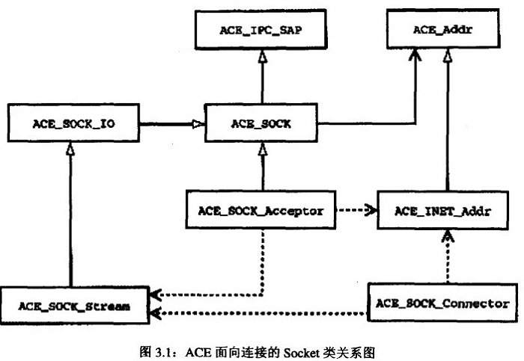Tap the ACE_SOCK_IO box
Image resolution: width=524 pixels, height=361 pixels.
click(x=71, y=123)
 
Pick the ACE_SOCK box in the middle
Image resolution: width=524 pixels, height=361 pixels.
click(x=261, y=123)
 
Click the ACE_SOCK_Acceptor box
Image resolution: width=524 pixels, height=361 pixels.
click(x=261, y=211)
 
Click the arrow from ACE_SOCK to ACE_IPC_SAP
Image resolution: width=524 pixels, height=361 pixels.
click(x=261, y=75)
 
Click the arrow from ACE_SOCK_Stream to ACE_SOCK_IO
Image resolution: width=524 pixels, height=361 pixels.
click(x=72, y=217)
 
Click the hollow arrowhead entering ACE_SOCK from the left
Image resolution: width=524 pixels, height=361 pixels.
click(x=200, y=123)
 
